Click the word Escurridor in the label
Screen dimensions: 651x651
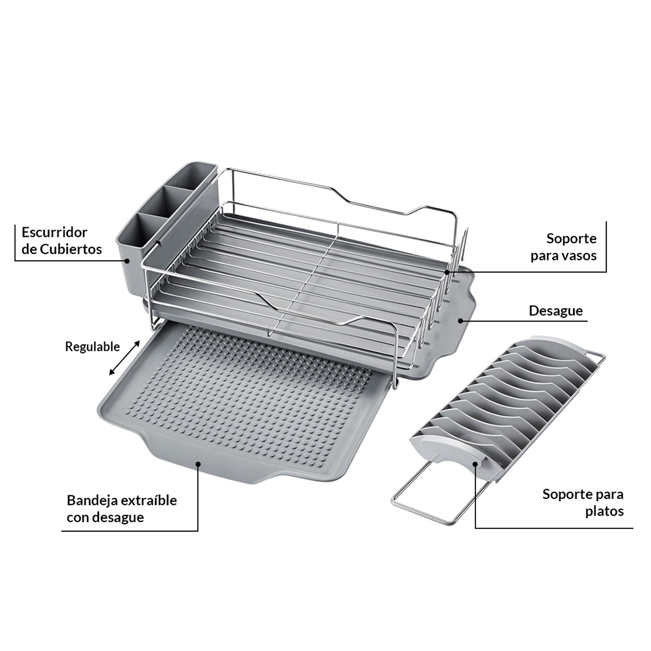[54, 232]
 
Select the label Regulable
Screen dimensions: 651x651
[92, 347]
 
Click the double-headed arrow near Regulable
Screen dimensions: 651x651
[124, 358]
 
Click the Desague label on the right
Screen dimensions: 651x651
[556, 311]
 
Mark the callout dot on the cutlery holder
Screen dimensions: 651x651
[127, 260]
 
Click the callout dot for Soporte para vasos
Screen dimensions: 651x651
[447, 272]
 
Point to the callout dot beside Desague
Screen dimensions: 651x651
[460, 321]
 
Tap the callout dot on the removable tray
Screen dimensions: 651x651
[198, 463]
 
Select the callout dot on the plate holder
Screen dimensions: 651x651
[475, 464]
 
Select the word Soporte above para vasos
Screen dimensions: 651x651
[572, 239]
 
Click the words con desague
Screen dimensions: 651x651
[105, 518]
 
